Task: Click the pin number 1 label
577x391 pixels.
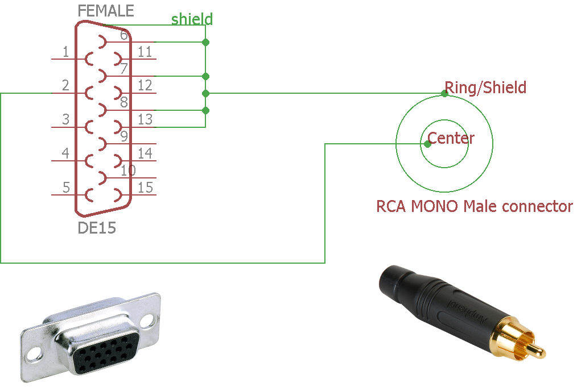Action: click(65, 52)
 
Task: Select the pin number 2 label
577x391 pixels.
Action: click(65, 86)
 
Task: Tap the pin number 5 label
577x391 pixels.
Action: click(65, 188)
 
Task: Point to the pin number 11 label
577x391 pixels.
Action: click(145, 52)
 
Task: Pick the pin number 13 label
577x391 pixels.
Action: click(145, 119)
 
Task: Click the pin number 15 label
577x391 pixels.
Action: click(145, 188)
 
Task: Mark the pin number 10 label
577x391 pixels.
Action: click(128, 170)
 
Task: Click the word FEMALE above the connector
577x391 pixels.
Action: click(106, 11)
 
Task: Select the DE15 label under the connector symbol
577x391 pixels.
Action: click(97, 228)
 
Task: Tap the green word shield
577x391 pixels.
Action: click(192, 19)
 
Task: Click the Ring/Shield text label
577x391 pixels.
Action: click(485, 88)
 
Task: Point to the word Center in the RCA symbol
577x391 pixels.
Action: click(451, 138)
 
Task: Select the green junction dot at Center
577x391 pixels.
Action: click(427, 144)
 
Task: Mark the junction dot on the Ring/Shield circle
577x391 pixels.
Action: click(444, 93)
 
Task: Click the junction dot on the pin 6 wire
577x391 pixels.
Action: click(205, 42)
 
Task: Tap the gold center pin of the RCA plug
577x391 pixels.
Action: click(534, 347)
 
